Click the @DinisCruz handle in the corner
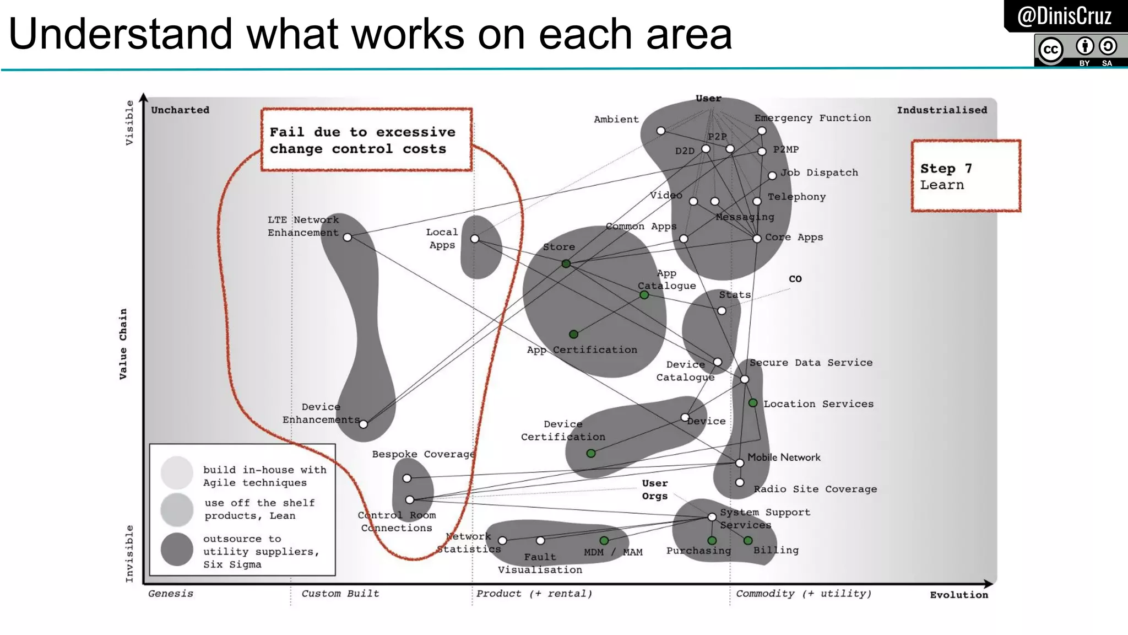tap(1064, 16)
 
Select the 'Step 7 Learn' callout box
tap(966, 176)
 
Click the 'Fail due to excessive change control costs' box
tap(366, 140)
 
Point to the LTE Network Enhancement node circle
tap(348, 238)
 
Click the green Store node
tap(566, 264)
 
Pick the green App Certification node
tap(573, 334)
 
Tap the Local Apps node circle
tap(475, 239)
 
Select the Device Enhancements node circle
tap(364, 424)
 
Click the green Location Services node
tap(753, 403)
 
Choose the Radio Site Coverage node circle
tap(740, 482)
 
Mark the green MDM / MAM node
tap(604, 541)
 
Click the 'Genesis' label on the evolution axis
tap(171, 594)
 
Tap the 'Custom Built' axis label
tap(340, 594)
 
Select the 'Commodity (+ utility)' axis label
tap(804, 594)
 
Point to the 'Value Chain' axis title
tap(123, 343)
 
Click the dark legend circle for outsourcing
tap(177, 549)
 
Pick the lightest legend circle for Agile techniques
tap(177, 472)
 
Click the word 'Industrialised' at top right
tap(942, 110)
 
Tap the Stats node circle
tap(722, 311)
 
